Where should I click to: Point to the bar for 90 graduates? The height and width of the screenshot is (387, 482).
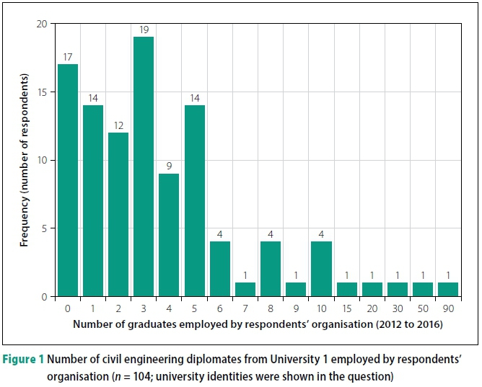(x=448, y=290)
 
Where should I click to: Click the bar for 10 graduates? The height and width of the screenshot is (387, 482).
(x=320, y=269)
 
